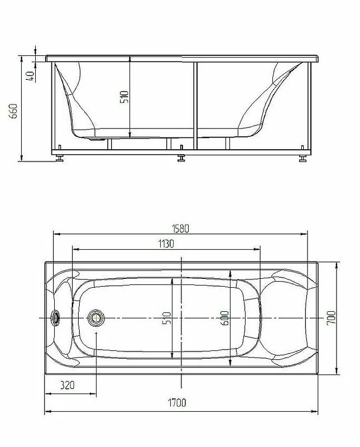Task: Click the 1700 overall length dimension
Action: pyautogui.click(x=176, y=402)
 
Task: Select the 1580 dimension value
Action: pyautogui.click(x=180, y=229)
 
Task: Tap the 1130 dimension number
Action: pyautogui.click(x=166, y=244)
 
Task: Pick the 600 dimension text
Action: pyautogui.click(x=225, y=318)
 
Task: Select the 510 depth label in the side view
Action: pyautogui.click(x=124, y=97)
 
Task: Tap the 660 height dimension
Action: pyautogui.click(x=13, y=111)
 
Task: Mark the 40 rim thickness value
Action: pyautogui.click(x=30, y=75)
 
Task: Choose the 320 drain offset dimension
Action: pyautogui.click(x=67, y=385)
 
